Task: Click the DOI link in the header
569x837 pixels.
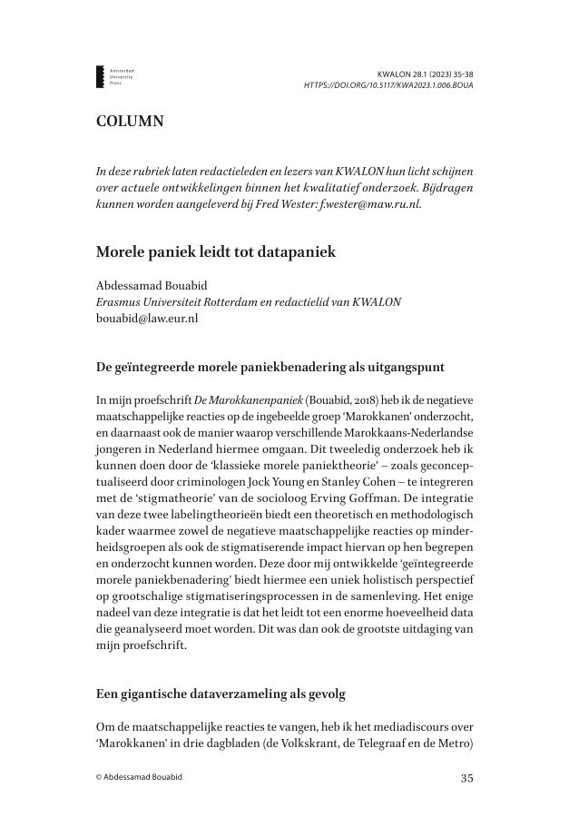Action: pos(388,85)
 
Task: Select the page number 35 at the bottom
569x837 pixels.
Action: pos(466,777)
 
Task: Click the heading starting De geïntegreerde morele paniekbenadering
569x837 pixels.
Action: pos(270,368)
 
